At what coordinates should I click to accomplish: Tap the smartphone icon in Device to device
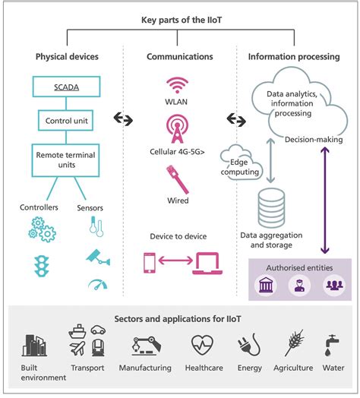[149, 263]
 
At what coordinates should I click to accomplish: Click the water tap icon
[331, 346]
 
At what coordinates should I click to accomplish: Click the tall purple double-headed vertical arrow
[326, 198]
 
